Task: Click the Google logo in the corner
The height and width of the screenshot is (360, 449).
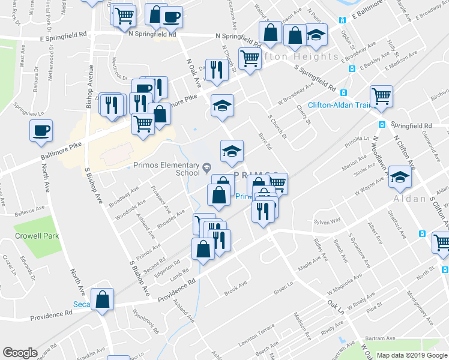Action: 20,353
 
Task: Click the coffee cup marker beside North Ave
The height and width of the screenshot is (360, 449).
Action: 41,130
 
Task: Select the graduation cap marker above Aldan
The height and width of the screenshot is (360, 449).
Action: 400,176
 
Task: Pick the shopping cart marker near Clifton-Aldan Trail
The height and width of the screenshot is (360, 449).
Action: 381,95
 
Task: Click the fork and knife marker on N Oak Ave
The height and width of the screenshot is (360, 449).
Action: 214,70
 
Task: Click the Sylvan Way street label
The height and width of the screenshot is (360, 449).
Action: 327,221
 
